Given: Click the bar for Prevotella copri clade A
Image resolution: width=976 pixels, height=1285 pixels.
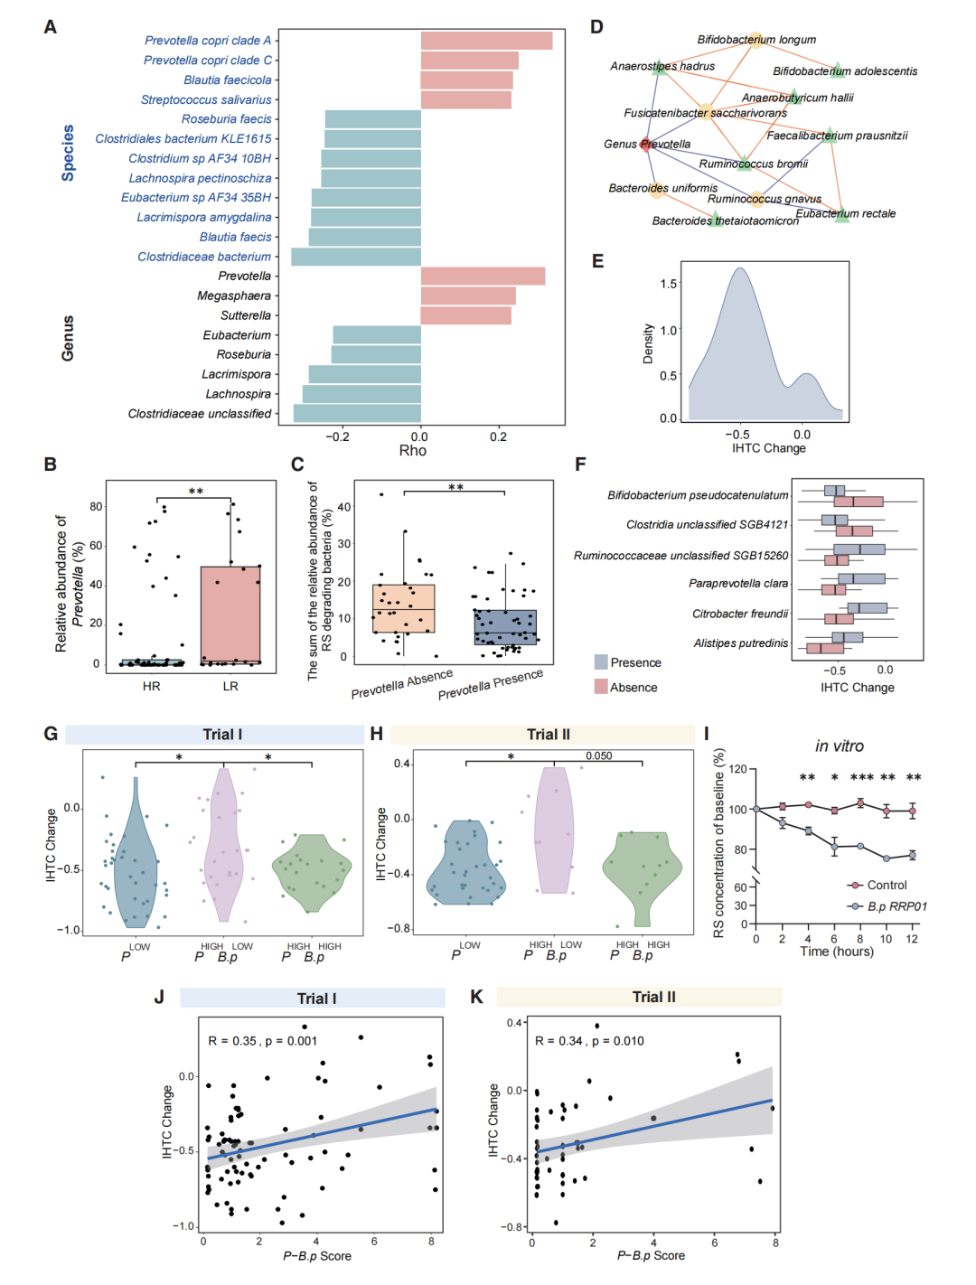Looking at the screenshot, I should coord(486,41).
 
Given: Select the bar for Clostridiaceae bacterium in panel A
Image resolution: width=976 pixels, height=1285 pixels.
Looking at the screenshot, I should coord(356,257).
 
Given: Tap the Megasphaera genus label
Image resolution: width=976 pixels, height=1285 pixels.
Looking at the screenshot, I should coord(234,295).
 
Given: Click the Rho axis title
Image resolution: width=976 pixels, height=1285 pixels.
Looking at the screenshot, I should coord(413,451).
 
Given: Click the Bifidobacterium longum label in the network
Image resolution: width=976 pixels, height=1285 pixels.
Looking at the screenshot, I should coord(756,40).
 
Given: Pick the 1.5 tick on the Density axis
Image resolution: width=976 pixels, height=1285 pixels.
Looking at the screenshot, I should coord(668,284).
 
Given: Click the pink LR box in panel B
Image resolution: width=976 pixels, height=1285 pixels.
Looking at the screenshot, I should coord(230,615).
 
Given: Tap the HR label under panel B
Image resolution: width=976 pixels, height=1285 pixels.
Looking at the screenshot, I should coord(151,687).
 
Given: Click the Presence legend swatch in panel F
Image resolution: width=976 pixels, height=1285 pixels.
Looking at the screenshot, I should coord(601,662).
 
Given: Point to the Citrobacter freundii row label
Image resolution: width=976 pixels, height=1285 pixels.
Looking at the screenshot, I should coord(740,614).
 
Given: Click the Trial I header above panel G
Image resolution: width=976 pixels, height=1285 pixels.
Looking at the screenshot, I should coord(222,735).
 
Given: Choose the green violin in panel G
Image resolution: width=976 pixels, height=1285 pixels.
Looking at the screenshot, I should coord(312,872).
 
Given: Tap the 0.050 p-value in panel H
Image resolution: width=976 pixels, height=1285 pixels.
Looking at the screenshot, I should coord(598,756).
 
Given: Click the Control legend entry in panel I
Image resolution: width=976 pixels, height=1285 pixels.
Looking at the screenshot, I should coord(886,886).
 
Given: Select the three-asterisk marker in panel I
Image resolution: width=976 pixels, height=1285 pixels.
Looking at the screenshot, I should coord(861,778).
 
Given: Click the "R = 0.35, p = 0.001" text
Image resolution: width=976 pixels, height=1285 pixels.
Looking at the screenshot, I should coord(262,1041).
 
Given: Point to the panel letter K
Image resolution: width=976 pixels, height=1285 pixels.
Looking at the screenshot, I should coord(476,997).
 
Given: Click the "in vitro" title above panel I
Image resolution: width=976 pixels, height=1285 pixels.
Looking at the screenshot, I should coord(839,746).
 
